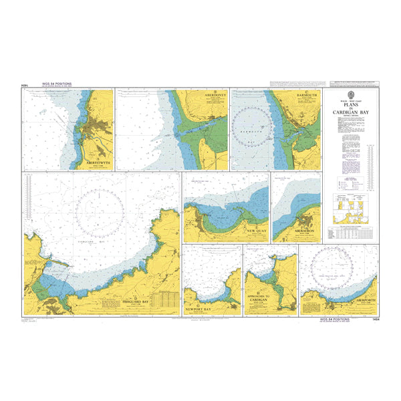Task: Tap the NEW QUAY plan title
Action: (257, 231)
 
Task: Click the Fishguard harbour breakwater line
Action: (57, 265)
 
